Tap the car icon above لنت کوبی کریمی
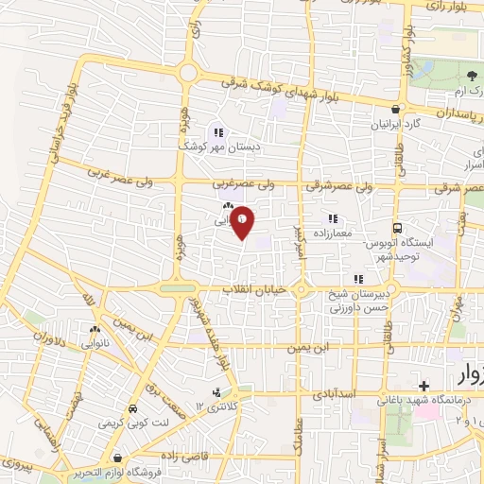pyautogui.click(x=132, y=408)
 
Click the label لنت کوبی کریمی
pyautogui.click(x=132, y=423)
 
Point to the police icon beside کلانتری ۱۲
pyautogui.click(x=217, y=391)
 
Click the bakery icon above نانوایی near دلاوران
pyautogui.click(x=94, y=330)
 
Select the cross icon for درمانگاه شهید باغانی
pyautogui.click(x=424, y=387)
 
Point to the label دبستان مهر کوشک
pyautogui.click(x=219, y=147)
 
